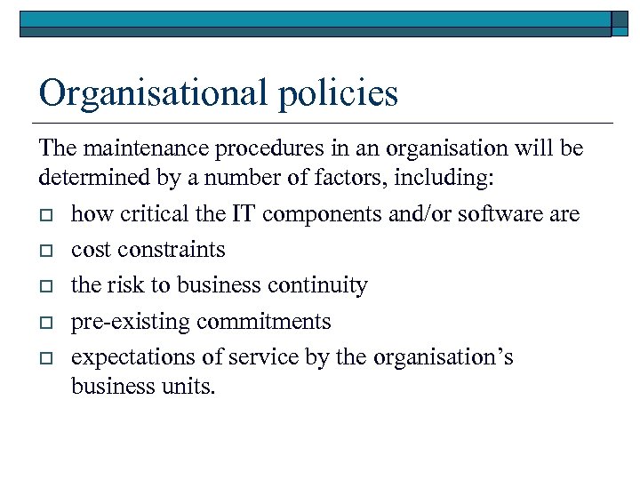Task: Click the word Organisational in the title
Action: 154,93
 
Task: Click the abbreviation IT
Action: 240,214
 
